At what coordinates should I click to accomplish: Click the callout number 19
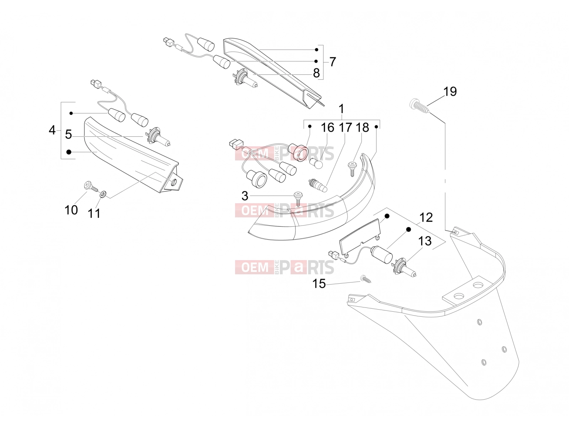(450, 91)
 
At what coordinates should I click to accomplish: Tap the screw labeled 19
(420, 106)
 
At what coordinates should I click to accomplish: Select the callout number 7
(333, 62)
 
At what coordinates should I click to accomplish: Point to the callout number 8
(316, 73)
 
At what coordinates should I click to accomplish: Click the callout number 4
(52, 130)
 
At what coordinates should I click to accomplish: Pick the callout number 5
(68, 134)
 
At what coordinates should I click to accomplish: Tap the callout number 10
(71, 210)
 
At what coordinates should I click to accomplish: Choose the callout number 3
(245, 196)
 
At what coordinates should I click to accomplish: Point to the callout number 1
(341, 109)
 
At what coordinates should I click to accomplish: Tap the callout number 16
(328, 127)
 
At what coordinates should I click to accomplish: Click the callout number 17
(345, 127)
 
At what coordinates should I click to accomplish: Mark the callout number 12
(426, 217)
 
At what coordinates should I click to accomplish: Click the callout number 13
(425, 241)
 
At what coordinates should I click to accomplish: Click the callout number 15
(319, 284)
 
